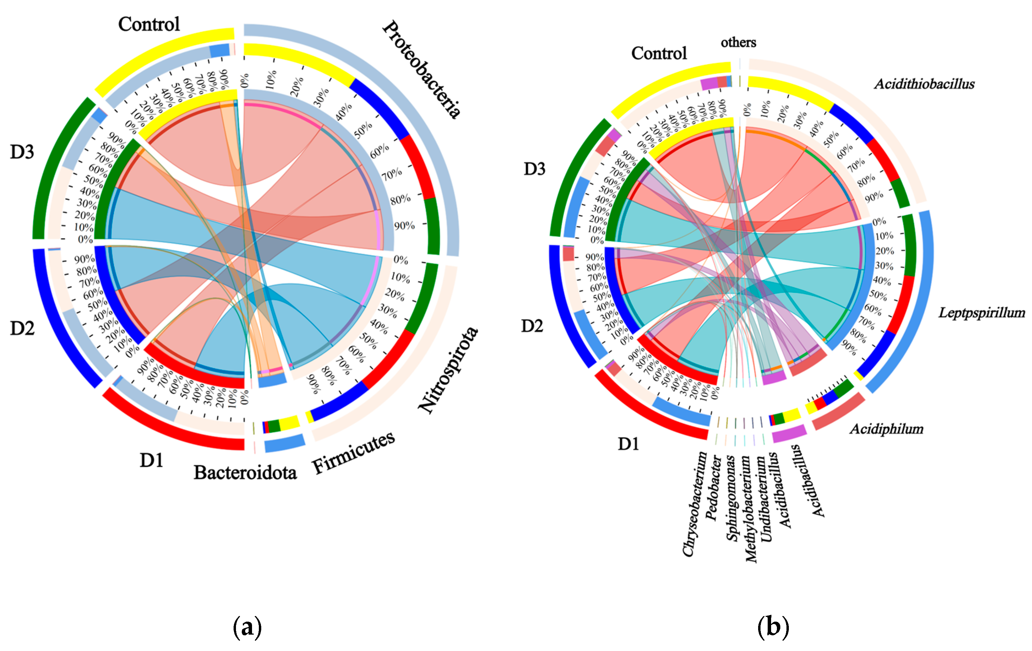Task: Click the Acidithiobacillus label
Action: tap(924, 84)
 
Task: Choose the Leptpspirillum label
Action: tap(981, 313)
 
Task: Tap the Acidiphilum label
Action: tap(886, 429)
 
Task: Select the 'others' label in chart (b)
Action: tap(738, 42)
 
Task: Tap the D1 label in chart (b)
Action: tap(628, 444)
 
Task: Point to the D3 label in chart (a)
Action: tap(22, 152)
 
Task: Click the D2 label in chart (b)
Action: tap(532, 326)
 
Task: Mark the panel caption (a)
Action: tap(247, 627)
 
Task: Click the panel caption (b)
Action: tap(773, 627)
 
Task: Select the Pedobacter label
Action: tap(714, 488)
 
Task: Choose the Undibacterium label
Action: tap(765, 499)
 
